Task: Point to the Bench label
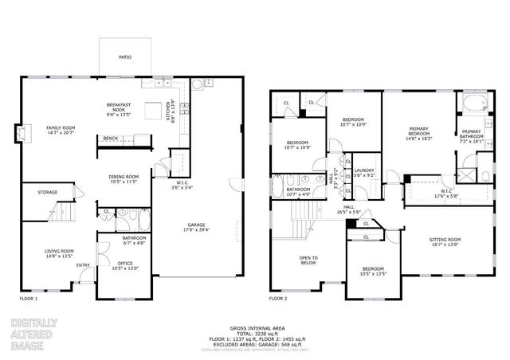pyautogui.click(x=111, y=139)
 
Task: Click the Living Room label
pyautogui.click(x=59, y=254)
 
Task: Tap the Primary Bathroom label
pyautogui.click(x=471, y=134)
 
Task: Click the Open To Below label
pyautogui.click(x=308, y=260)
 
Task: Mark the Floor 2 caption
pyautogui.click(x=277, y=299)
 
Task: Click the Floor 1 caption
pyautogui.click(x=28, y=299)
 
